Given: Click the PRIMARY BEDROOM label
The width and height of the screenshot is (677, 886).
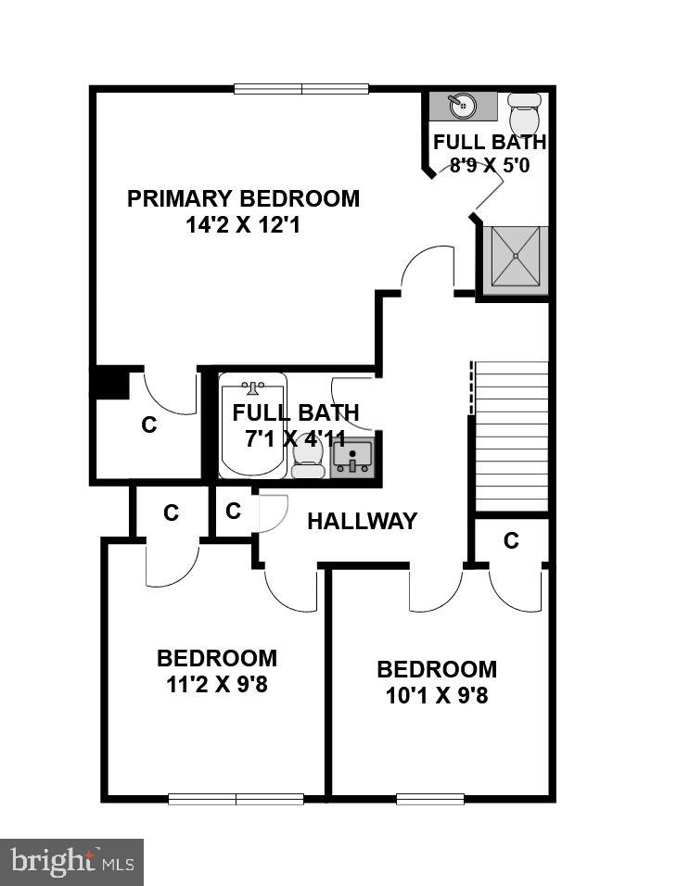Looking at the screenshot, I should click(243, 198).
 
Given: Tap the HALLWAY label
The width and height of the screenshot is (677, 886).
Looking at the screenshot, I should click(362, 521).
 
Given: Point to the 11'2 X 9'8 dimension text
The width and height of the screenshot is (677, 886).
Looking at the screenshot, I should click(217, 686).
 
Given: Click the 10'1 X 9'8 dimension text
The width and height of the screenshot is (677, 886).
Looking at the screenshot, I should click(437, 695).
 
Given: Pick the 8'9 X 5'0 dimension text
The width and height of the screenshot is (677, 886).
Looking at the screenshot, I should click(490, 167).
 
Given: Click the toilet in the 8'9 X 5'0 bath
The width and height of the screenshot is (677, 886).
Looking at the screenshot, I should click(525, 113).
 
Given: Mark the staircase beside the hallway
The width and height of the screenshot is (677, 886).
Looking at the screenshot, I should click(511, 436).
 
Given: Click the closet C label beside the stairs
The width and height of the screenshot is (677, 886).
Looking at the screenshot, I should click(511, 541).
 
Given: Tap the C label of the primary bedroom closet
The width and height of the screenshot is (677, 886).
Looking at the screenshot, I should click(148, 425).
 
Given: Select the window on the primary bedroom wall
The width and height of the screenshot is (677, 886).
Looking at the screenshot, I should click(301, 89).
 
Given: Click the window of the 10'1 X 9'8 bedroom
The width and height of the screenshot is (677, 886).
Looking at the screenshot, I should click(429, 798).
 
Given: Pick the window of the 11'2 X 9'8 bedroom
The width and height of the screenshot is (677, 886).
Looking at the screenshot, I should click(236, 798).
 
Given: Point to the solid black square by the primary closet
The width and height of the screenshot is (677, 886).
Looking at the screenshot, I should click(110, 383).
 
